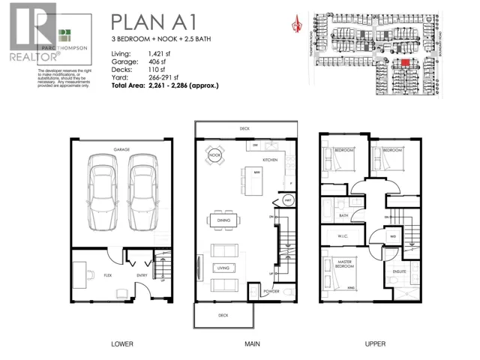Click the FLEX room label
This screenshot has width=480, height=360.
click(x=109, y=275)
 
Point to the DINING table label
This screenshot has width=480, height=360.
click(x=223, y=220)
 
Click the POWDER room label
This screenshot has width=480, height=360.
click(x=271, y=292)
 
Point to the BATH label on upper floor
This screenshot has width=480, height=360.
click(x=343, y=216)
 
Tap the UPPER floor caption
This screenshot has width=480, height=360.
click(x=375, y=344)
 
